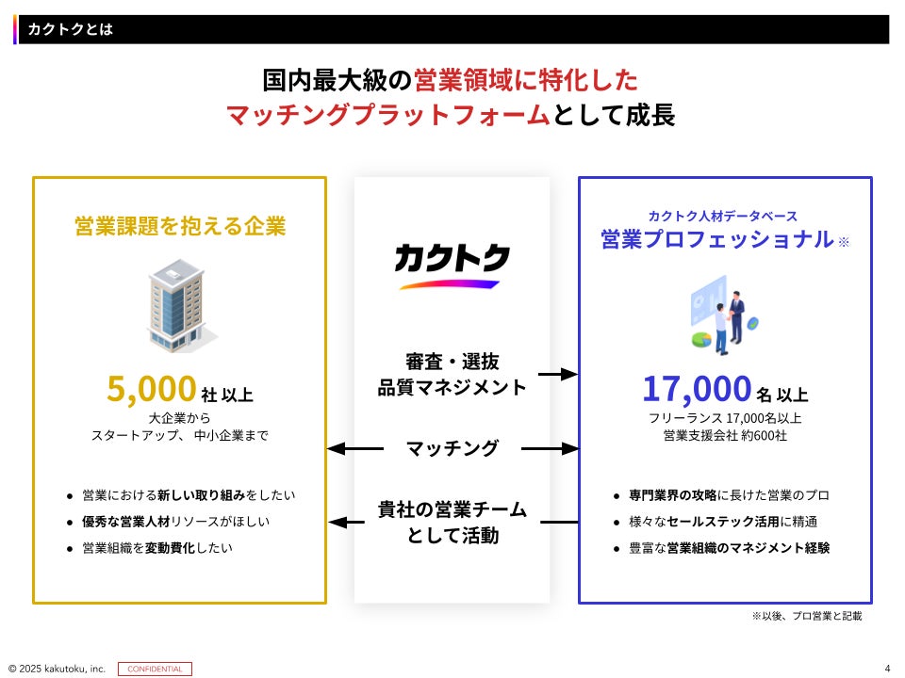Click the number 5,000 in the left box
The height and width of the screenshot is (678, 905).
coord(151,388)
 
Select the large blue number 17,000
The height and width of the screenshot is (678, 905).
coord(697,388)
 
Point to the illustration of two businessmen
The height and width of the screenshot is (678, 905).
coord(724,315)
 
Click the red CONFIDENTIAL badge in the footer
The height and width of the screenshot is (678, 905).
coord(155,669)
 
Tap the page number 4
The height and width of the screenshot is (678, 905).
coord(887,669)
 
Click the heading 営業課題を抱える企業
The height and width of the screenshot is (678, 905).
coord(180,227)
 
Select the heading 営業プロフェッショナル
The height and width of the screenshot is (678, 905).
coord(717,239)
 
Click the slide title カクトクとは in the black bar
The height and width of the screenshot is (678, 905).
coord(71,29)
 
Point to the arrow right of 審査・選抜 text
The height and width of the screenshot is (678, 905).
coord(562,374)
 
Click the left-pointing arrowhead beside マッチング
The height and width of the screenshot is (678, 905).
coord(337,449)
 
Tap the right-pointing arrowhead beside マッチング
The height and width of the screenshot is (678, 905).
coord(568,449)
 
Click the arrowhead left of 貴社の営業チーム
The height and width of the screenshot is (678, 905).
coord(337,522)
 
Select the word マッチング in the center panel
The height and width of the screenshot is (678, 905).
coord(452,449)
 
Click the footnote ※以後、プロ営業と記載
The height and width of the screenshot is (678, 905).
coord(806,616)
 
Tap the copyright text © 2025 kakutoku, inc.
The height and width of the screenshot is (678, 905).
coord(57,669)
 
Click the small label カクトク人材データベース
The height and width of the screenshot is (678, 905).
coord(723,216)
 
